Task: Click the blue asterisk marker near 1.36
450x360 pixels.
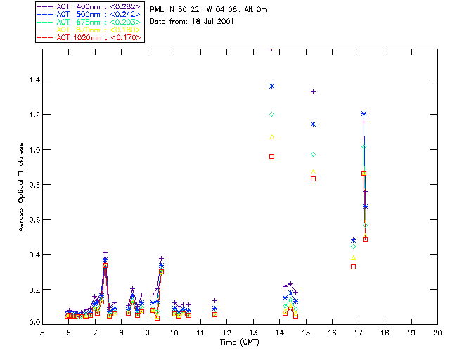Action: (271, 86)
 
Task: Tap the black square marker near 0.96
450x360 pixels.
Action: (271, 156)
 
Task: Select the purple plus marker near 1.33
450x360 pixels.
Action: (314, 91)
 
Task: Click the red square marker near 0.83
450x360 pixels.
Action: (314, 179)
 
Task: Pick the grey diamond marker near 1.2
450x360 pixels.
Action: (271, 114)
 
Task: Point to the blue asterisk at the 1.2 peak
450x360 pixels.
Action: (364, 114)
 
